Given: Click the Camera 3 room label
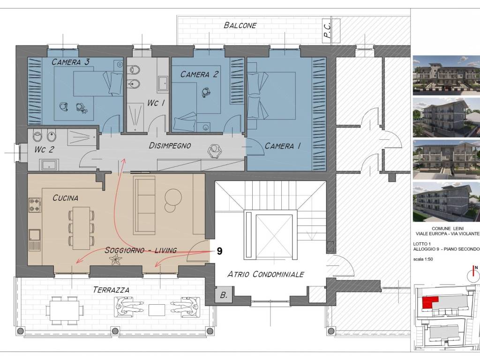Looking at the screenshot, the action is coord(70,62).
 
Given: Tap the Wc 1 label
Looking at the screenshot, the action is coord(156,103).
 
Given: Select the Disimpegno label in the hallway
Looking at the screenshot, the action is coord(170,146).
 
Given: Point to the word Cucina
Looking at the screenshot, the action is coord(65,198).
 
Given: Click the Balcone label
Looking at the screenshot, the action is coord(240,25).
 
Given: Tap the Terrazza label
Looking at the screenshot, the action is coord(111,290).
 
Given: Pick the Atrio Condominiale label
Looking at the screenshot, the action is coord(266,274).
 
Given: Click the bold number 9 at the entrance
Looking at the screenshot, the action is coord(219,251).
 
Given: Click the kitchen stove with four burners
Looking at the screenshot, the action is coord(35,205).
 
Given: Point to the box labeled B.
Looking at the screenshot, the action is coord(224,295).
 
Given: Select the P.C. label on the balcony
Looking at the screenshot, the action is coord(327,30).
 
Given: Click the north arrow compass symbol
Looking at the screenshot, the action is coord(473,274).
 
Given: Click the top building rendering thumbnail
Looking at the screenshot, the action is coord(446,75).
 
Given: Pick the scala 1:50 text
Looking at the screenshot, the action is coord(423,259).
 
